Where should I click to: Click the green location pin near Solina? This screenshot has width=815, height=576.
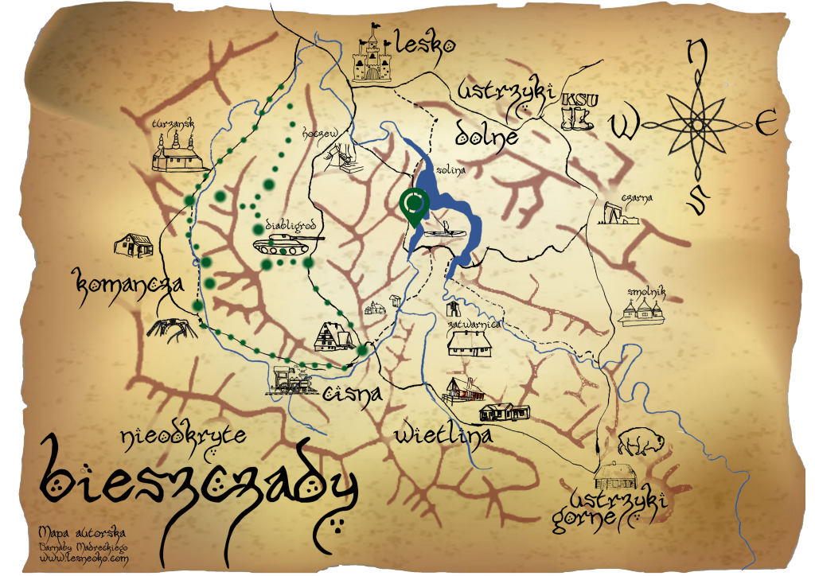pos(414,204)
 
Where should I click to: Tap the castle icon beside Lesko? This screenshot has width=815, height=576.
pos(372,55)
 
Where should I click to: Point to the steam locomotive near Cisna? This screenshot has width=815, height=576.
pos(292,382)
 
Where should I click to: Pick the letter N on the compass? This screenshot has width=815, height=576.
pos(697,53)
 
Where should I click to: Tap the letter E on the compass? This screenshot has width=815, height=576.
pos(766,125)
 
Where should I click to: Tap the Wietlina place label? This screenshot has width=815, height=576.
pos(443,434)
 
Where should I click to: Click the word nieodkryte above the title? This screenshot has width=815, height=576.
pos(183,435)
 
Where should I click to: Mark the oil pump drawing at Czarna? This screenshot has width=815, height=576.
pos(617,213)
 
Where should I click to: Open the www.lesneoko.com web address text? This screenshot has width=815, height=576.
pos(83,558)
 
